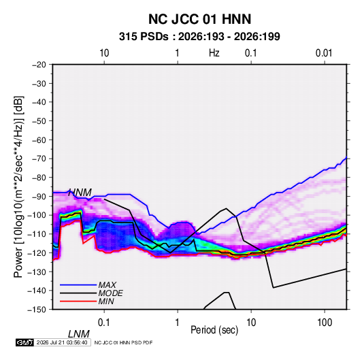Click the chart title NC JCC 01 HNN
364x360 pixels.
click(199, 19)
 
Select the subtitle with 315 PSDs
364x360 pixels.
click(199, 37)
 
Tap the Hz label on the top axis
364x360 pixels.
click(214, 53)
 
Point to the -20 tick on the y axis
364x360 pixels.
click(39, 65)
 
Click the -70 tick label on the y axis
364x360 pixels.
click(39, 159)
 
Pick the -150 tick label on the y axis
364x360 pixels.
click(37, 310)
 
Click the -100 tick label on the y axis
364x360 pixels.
click(37, 215)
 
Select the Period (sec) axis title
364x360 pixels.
click(214, 330)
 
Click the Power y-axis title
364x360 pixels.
click(18, 186)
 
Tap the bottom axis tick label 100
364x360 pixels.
click(325, 323)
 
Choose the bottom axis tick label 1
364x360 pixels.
click(178, 323)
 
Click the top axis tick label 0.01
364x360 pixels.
click(324, 53)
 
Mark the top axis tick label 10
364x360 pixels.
click(104, 53)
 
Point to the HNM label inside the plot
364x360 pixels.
click(80, 193)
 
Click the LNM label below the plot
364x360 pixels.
click(78, 334)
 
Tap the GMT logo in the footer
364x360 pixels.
click(25, 342)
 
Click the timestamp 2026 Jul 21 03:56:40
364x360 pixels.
click(62, 342)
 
